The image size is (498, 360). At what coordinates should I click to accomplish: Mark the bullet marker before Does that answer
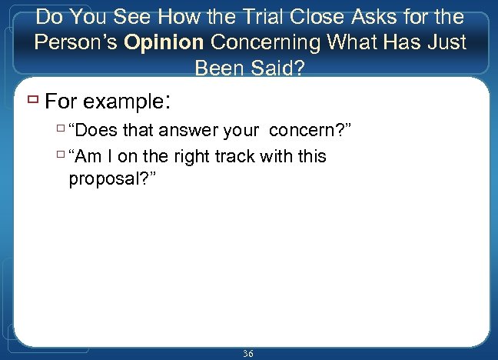point(60,132)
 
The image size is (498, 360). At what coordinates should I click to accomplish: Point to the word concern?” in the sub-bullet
point(312,132)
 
